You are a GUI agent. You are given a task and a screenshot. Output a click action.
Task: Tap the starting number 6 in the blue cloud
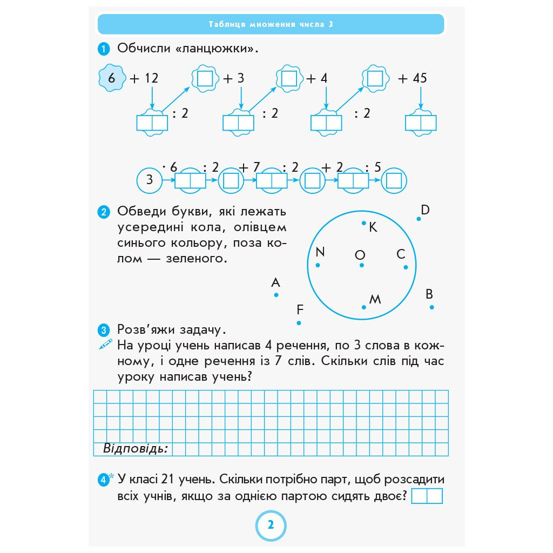112,78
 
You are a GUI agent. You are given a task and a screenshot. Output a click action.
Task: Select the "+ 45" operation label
412,78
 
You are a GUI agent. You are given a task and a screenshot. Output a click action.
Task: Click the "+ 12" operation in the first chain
144,78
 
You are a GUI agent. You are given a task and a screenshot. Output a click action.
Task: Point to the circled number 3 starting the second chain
150,180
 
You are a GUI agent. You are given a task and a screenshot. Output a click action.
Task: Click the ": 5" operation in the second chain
374,167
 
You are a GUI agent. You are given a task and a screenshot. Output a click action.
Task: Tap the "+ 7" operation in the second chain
251,167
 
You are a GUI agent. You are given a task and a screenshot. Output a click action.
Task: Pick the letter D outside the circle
425,210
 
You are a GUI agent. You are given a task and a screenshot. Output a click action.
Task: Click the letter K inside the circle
373,228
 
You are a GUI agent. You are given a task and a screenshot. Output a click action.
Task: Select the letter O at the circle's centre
360,255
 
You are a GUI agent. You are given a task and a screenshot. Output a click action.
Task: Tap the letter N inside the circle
320,252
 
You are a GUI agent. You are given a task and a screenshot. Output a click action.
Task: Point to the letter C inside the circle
401,254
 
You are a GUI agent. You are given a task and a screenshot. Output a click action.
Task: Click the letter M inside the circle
375,299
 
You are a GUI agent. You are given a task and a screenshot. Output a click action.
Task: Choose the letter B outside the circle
429,294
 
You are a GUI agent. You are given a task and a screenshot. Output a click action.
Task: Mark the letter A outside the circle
275,282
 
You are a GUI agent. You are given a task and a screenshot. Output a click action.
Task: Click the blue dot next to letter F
299,323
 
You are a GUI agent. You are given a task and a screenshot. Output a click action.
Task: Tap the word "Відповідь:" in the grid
135,449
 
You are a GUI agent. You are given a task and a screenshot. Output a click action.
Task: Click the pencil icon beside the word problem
105,344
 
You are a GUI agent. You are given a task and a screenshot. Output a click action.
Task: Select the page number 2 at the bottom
271,525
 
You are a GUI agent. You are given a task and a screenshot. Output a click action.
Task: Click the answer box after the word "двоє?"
427,496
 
